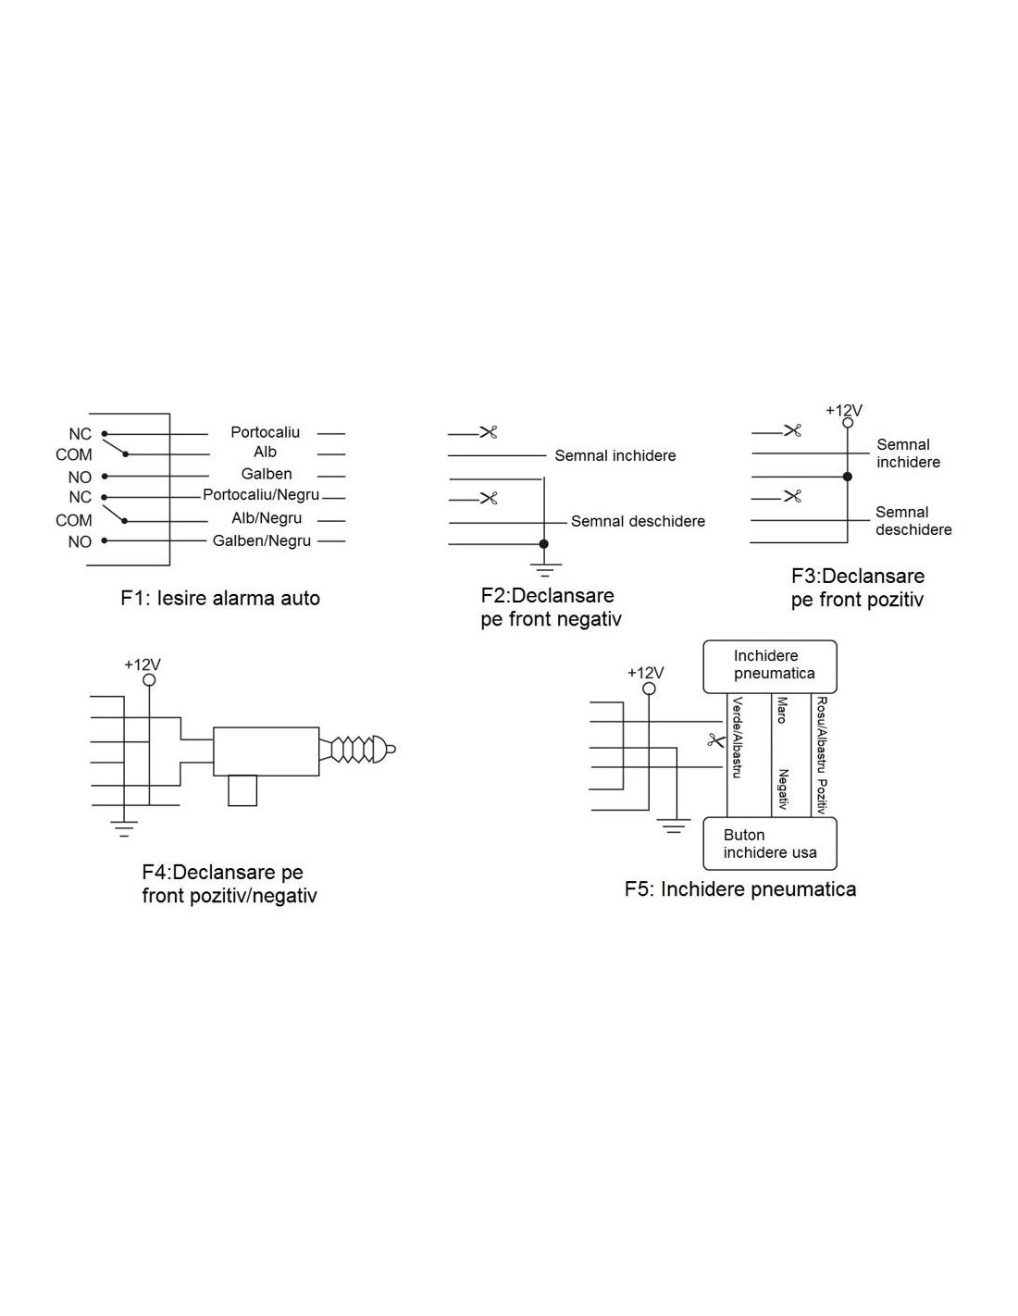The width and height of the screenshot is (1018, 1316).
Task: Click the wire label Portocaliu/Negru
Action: [260, 495]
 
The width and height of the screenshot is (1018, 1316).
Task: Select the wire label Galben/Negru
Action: [262, 540]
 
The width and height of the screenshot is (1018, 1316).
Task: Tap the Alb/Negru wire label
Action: [267, 518]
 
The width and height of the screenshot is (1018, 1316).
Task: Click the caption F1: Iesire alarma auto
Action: [220, 599]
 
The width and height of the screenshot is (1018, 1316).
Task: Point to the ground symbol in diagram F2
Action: [544, 569]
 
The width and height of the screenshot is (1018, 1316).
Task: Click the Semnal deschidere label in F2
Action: [638, 521]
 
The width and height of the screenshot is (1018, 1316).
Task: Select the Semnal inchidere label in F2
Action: [615, 456]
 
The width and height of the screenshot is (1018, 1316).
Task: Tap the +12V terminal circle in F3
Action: [847, 423]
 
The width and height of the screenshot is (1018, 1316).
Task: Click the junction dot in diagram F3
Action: [847, 477]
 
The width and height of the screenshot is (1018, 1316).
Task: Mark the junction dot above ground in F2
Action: [544, 544]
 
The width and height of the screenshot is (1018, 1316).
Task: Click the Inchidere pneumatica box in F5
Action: [770, 666]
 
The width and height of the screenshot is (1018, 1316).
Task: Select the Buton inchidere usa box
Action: [770, 844]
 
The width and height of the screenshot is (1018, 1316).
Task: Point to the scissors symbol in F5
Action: [715, 740]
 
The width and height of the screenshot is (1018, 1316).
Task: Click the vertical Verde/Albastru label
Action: [737, 738]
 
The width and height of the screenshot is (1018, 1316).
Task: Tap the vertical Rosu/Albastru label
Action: [822, 735]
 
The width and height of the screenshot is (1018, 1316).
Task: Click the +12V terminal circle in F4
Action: [149, 680]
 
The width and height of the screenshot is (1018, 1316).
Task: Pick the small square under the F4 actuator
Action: [242, 790]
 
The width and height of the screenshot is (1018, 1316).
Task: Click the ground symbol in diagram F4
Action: [124, 828]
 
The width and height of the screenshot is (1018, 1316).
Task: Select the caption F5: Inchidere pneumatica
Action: [740, 889]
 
